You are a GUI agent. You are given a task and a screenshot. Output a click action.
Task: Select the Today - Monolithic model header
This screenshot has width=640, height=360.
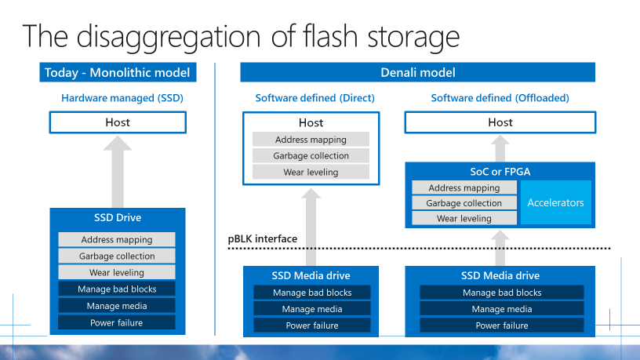point(118,73)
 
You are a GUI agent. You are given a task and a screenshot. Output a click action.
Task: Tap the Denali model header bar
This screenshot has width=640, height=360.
point(417,73)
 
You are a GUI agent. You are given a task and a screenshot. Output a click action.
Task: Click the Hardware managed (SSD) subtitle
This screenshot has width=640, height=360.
point(118,99)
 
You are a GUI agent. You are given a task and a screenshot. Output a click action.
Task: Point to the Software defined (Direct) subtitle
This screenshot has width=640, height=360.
point(315,98)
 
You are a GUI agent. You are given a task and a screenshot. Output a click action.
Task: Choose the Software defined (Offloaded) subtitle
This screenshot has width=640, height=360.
point(500,98)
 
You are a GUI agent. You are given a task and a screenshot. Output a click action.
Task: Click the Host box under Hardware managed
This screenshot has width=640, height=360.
point(118,122)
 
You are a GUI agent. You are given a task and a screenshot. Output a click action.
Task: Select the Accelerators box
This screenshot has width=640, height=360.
point(555,202)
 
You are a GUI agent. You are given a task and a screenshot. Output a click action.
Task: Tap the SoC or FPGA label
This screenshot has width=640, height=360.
point(500,172)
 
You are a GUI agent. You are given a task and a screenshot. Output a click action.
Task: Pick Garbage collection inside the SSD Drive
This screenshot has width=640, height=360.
point(117,256)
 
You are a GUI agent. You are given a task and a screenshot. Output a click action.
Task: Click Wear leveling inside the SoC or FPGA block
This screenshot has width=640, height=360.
point(464,219)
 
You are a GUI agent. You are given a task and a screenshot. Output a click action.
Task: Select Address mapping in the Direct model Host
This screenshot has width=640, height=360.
point(311,140)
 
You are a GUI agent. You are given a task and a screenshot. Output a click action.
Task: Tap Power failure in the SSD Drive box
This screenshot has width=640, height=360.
point(117,322)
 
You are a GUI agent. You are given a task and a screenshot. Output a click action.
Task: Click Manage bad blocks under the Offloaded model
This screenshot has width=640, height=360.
point(502,293)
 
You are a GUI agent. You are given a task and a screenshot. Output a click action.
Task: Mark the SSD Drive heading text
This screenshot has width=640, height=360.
point(118,217)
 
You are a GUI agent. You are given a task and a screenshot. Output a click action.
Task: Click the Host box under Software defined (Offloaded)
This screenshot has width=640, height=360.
point(500,122)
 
